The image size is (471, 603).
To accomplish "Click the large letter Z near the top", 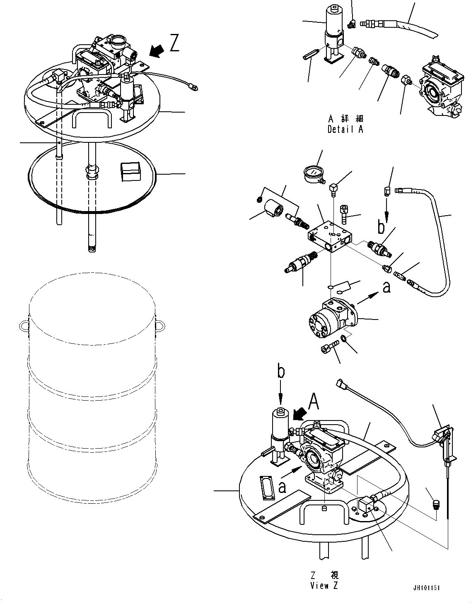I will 174,43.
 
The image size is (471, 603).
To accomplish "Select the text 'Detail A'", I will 345,129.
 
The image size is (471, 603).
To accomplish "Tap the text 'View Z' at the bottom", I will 325,585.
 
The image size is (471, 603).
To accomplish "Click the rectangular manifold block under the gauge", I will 330,237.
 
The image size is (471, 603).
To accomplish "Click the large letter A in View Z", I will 314,401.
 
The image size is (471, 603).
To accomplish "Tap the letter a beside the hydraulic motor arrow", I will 386,287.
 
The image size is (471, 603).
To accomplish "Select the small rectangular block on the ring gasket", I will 130,171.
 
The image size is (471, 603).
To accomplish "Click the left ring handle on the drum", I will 24,326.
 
